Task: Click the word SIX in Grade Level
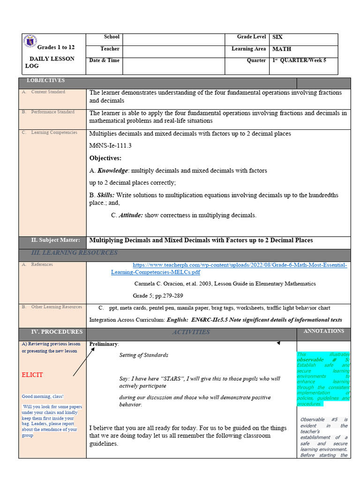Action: (277, 37)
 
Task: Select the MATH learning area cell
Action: (281, 49)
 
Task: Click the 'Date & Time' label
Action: (104, 60)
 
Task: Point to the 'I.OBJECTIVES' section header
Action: (45, 81)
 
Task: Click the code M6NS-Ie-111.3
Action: (110, 146)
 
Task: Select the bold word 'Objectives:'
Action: (105, 158)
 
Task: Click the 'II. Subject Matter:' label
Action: (56, 240)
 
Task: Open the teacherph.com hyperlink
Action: (230, 268)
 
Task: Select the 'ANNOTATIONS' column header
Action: (324, 331)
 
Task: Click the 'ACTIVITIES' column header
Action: (191, 332)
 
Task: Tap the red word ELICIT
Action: (32, 375)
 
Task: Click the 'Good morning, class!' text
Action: (43, 397)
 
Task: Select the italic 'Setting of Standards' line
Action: (143, 355)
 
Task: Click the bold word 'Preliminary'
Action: (104, 344)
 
